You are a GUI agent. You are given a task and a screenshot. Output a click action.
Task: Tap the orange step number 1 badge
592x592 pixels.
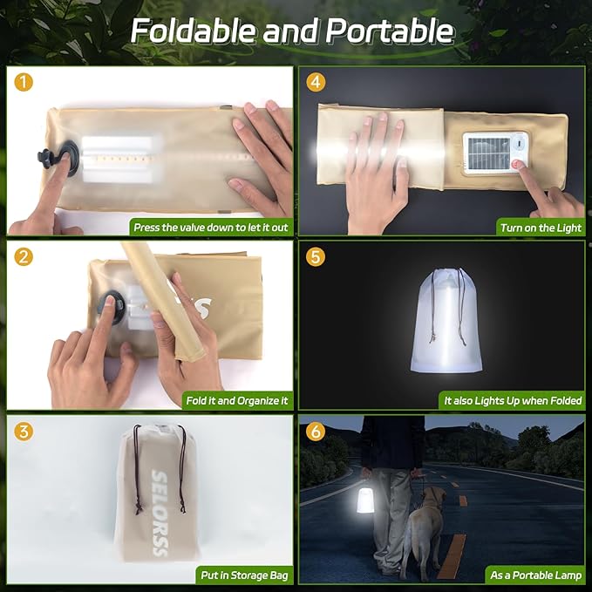click(x=24, y=83)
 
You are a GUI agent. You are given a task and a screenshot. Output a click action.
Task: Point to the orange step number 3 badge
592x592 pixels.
click(x=24, y=430)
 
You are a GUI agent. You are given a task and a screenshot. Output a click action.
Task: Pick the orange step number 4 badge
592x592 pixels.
click(x=316, y=83)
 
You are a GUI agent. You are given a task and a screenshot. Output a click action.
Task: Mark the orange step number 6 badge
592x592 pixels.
click(x=316, y=430)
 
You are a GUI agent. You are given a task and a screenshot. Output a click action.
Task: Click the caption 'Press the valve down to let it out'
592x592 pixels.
click(x=210, y=228)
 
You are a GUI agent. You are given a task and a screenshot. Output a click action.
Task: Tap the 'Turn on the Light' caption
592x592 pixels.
click(x=540, y=228)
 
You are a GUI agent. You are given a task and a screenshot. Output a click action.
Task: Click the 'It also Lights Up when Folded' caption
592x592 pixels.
click(x=512, y=401)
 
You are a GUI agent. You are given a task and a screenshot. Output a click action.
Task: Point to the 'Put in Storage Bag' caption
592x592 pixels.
click(x=242, y=575)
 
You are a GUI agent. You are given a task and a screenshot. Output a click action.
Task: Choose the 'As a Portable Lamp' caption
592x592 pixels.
click(x=534, y=575)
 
